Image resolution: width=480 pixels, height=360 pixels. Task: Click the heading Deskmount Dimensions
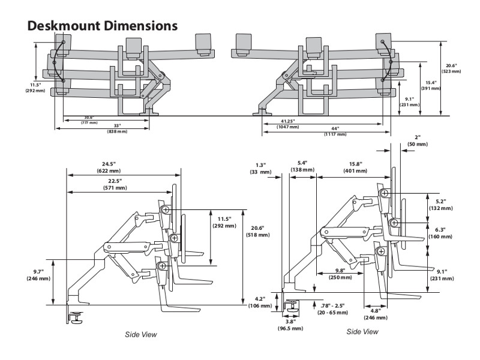point(102,26)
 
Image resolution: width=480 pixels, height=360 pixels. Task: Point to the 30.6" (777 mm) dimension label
point(89,119)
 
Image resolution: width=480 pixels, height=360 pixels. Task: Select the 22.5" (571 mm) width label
point(116,184)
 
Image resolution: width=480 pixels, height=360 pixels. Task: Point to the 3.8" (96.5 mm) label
point(290,325)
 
